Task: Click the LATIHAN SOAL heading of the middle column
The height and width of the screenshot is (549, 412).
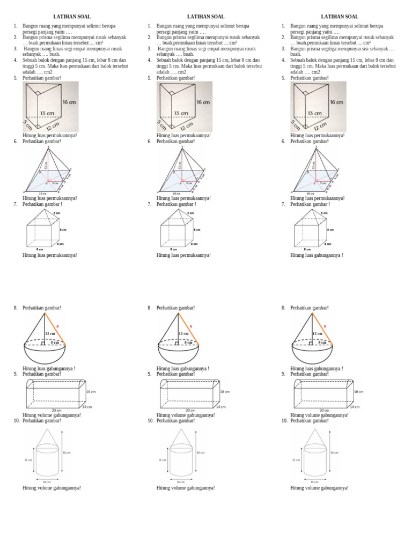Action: [205, 17]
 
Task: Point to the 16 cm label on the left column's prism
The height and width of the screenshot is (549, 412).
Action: [69, 102]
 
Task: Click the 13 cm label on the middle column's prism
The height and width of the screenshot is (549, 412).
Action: [181, 113]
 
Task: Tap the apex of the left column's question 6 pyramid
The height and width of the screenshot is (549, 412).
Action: [49, 147]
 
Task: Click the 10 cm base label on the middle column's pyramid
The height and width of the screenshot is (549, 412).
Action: [176, 193]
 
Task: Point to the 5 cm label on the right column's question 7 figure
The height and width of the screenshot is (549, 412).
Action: [324, 213]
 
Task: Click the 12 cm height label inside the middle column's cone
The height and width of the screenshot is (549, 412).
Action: [183, 333]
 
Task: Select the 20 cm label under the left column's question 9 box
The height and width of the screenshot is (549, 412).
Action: [57, 410]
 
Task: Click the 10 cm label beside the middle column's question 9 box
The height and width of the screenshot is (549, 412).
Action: [225, 392]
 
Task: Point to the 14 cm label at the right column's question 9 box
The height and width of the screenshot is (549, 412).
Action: [356, 407]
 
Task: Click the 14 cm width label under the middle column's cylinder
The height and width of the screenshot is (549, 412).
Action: [181, 481]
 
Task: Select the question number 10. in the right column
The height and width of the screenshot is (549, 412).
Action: [285, 421]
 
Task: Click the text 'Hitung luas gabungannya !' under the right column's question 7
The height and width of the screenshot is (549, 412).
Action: [317, 255]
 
